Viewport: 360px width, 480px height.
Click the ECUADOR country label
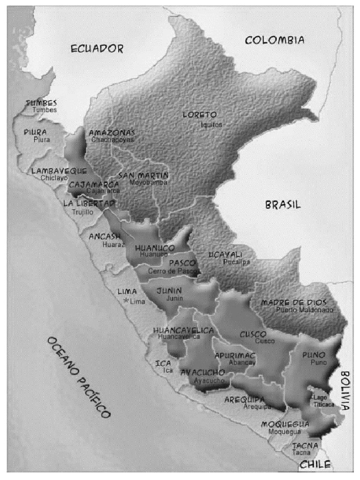[x=97, y=48]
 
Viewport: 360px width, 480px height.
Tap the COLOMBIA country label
[x=275, y=40]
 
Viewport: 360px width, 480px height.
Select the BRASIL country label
[x=283, y=205]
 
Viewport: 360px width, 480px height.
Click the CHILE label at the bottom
[x=315, y=465]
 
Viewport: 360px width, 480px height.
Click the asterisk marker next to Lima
[x=126, y=301]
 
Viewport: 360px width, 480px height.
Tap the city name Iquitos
[x=211, y=125]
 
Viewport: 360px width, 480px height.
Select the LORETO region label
[x=200, y=115]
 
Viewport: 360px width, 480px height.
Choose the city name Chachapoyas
[x=112, y=140]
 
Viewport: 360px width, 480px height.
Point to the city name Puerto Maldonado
[x=305, y=310]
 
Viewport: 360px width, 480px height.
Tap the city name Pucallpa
[x=237, y=262]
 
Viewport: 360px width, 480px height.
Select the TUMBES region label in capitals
[x=42, y=103]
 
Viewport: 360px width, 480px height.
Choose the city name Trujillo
[x=83, y=212]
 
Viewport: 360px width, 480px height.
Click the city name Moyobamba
[x=148, y=182]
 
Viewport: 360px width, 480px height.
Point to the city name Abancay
[x=243, y=363]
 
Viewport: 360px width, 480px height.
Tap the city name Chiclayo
[x=54, y=178]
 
